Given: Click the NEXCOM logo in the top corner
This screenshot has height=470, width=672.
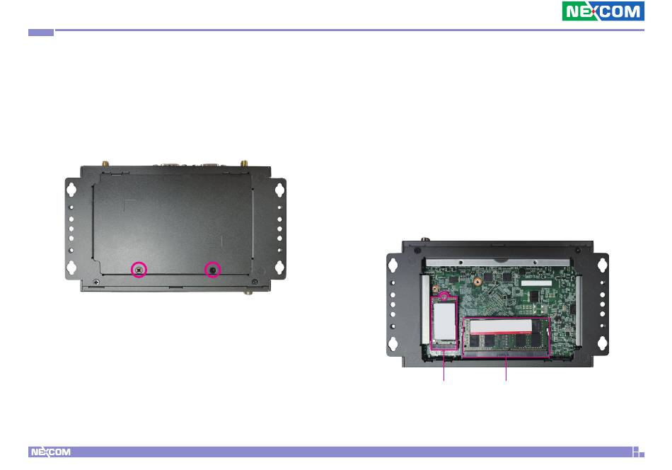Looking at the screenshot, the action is click(603, 11).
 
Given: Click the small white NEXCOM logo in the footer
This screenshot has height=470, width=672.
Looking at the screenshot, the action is click(50, 452).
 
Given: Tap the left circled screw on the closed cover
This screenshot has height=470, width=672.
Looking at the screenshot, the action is click(139, 270).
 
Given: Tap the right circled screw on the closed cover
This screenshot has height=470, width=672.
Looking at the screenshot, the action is click(213, 270).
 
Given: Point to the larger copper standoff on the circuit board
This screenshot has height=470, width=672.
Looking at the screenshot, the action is click(477, 282).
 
